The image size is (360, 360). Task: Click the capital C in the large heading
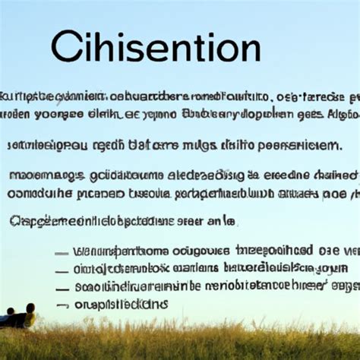(x=68, y=47)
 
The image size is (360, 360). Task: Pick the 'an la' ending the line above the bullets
(x=221, y=220)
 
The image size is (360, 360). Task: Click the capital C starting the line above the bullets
(x=15, y=220)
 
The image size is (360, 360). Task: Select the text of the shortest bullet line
(x=122, y=305)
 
